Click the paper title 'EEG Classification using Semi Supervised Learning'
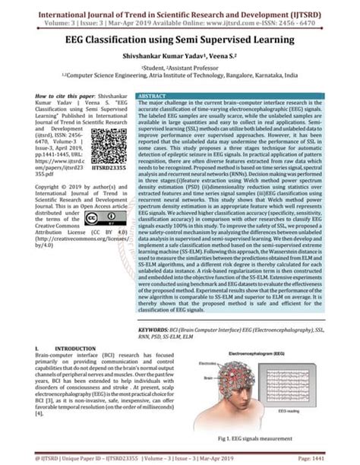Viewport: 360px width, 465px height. point(180,39)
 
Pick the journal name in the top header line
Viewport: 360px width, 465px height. point(180,11)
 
